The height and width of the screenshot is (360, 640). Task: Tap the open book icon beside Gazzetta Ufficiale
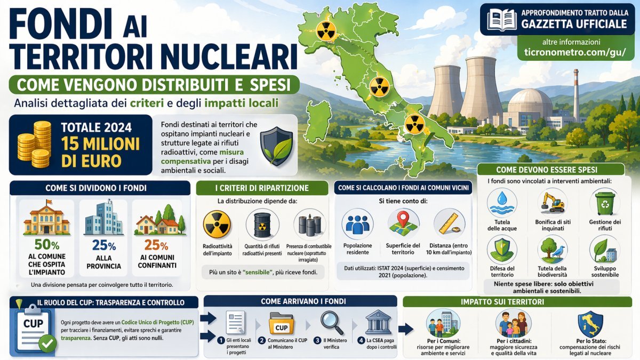click(502, 20)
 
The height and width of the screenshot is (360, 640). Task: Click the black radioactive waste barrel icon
click(262, 225)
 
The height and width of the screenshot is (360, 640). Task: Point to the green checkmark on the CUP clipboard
click(47, 343)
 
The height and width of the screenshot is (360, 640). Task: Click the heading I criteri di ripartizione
click(262, 188)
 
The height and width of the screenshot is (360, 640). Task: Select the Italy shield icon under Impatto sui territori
click(590, 323)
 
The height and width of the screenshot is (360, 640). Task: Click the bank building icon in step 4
click(378, 323)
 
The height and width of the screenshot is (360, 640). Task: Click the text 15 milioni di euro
click(100, 152)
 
